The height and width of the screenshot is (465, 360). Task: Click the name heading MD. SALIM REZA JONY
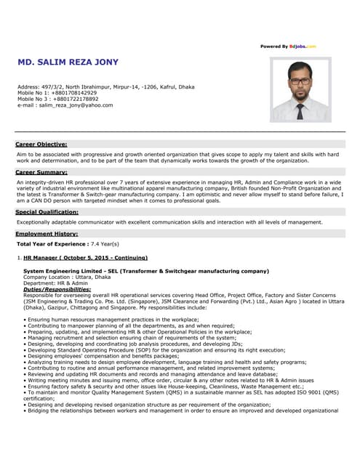click(68, 62)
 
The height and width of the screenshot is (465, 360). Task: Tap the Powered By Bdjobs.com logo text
click(288, 46)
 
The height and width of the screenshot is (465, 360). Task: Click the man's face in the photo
click(300, 85)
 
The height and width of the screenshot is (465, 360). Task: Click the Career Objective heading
click(41, 145)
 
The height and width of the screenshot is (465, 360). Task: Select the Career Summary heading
click(41, 172)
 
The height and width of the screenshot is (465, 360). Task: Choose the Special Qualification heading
click(47, 211)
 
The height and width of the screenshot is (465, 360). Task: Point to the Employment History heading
click(47, 234)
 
